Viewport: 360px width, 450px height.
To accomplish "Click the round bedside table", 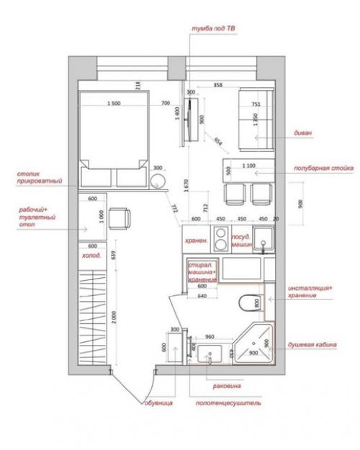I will [158, 180].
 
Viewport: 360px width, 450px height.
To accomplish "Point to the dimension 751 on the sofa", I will [256, 104].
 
